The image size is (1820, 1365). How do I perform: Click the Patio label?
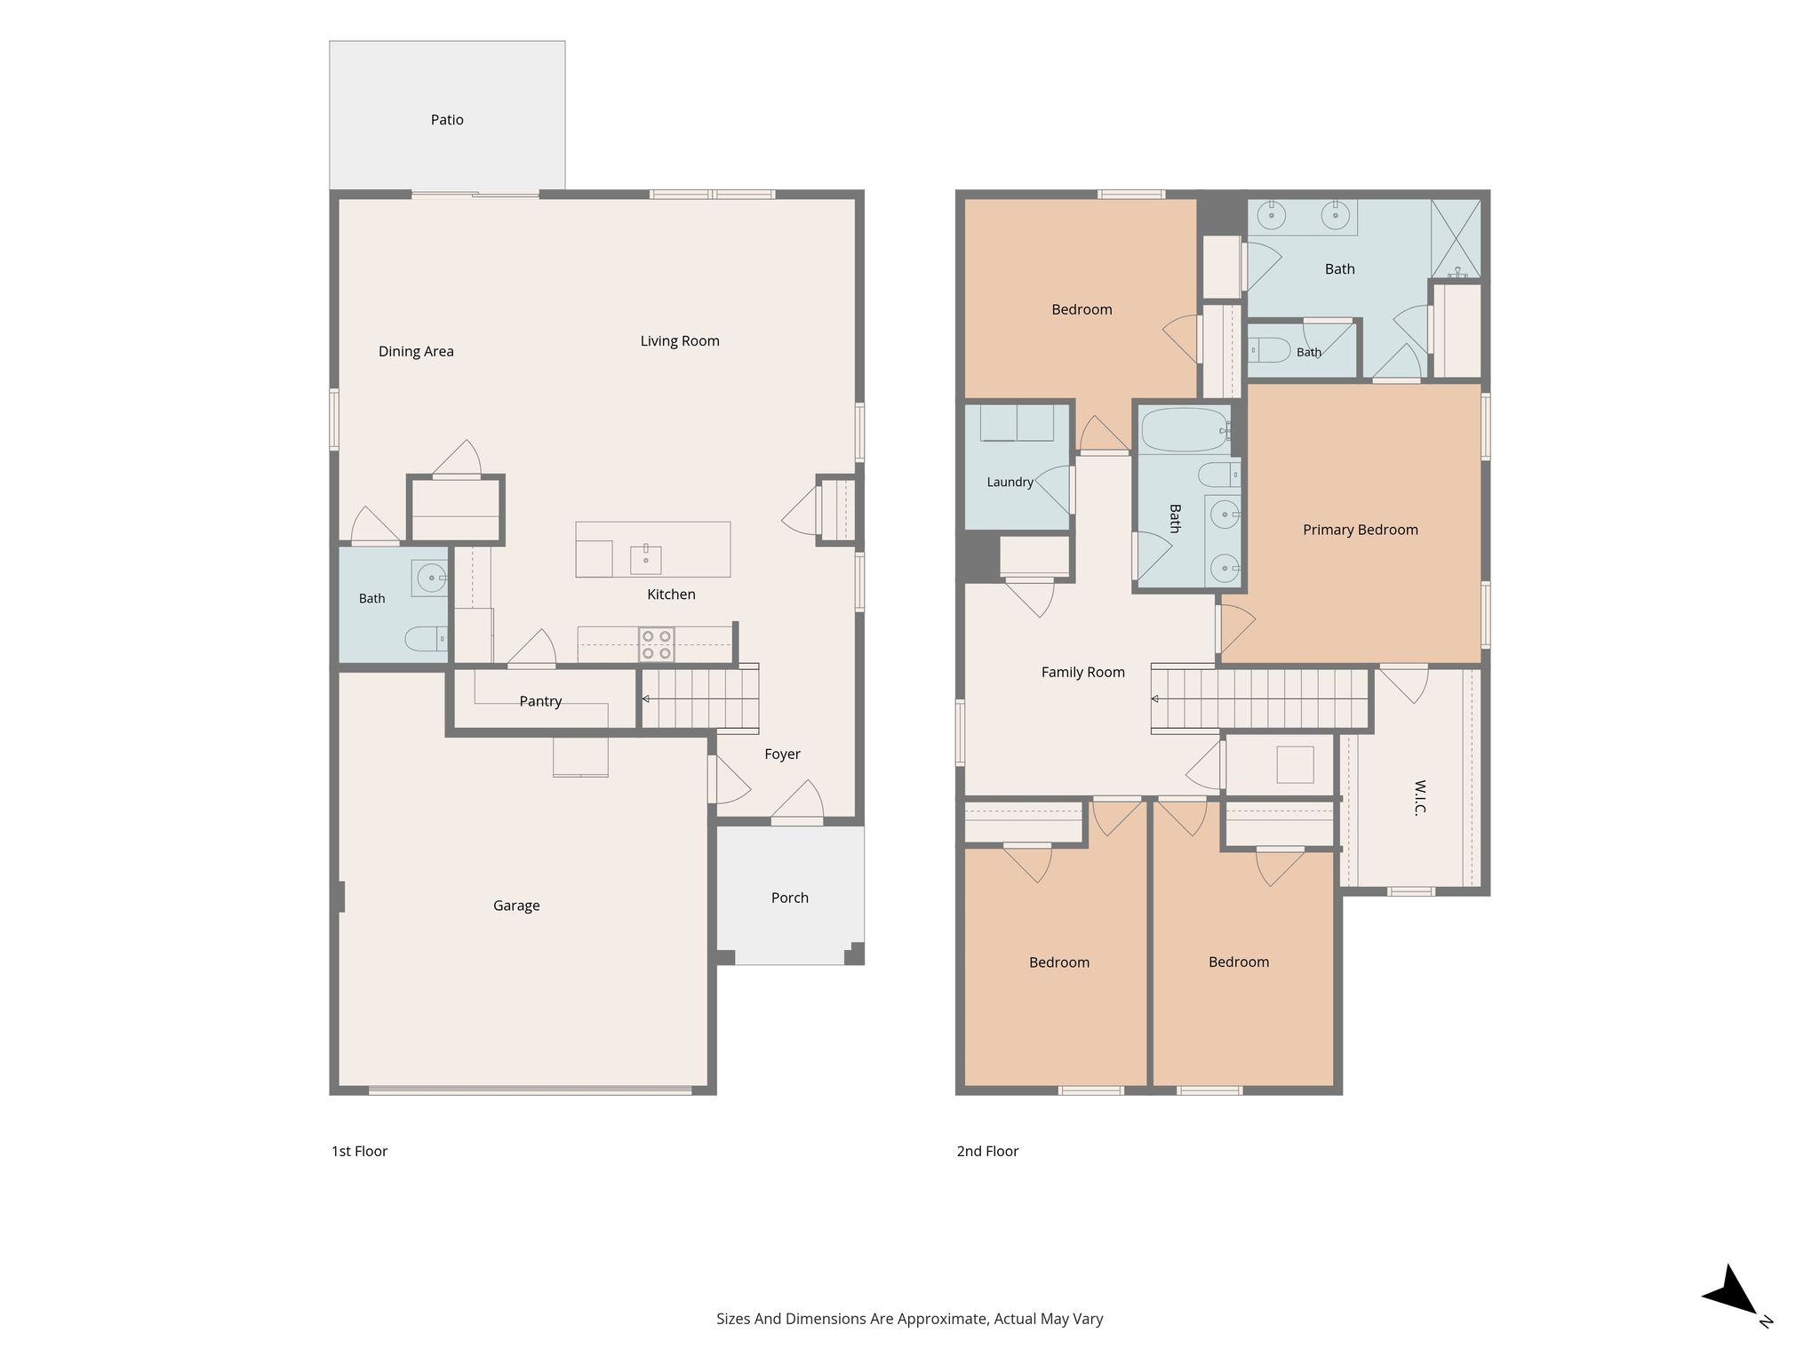coord(447,120)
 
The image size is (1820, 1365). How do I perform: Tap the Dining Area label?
coord(416,352)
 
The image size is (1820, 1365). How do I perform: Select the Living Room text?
coord(680,341)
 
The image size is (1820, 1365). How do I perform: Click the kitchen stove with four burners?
coord(657,644)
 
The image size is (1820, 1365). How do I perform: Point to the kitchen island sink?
coord(646,559)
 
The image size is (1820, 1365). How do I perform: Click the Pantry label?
coord(540,702)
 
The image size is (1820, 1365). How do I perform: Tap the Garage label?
coord(516,906)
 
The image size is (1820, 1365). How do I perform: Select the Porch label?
coord(790,898)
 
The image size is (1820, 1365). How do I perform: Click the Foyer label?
coord(782,754)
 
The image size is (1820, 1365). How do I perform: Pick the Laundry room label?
coord(1010,483)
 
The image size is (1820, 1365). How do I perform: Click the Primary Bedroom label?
coord(1361,530)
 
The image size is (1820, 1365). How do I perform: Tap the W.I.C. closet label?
coord(1419,798)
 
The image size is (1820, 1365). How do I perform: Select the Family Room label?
coord(1083,673)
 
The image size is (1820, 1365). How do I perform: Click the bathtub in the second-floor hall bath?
coord(1185,430)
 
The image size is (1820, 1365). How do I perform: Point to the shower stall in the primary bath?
coord(1457,238)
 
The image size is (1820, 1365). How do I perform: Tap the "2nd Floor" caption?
coord(987,1152)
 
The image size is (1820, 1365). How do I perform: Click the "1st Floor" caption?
coord(359,1152)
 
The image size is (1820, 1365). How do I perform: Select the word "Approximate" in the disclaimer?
coord(943,1320)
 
